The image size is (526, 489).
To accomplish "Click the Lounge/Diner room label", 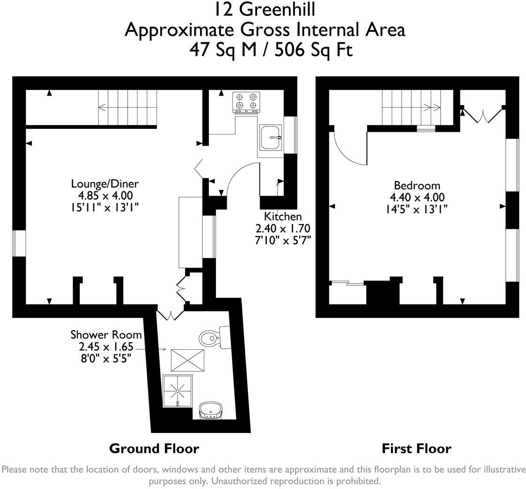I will click(x=105, y=183).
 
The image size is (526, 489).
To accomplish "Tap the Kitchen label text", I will click(x=283, y=216).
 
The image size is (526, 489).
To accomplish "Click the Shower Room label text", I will click(x=106, y=335).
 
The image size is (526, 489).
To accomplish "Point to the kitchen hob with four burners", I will click(x=247, y=102).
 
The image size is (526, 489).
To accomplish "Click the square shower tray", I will click(x=178, y=390).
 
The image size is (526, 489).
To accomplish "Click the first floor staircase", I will click(x=411, y=107).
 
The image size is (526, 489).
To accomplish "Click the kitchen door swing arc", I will click(x=240, y=176).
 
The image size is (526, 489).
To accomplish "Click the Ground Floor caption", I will click(x=154, y=449).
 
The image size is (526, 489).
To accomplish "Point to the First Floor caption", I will click(x=416, y=449).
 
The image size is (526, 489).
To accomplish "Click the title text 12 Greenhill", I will click(x=264, y=9).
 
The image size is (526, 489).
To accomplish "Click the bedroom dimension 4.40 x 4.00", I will click(x=417, y=197).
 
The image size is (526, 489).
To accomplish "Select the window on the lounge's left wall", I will click(x=19, y=243).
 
